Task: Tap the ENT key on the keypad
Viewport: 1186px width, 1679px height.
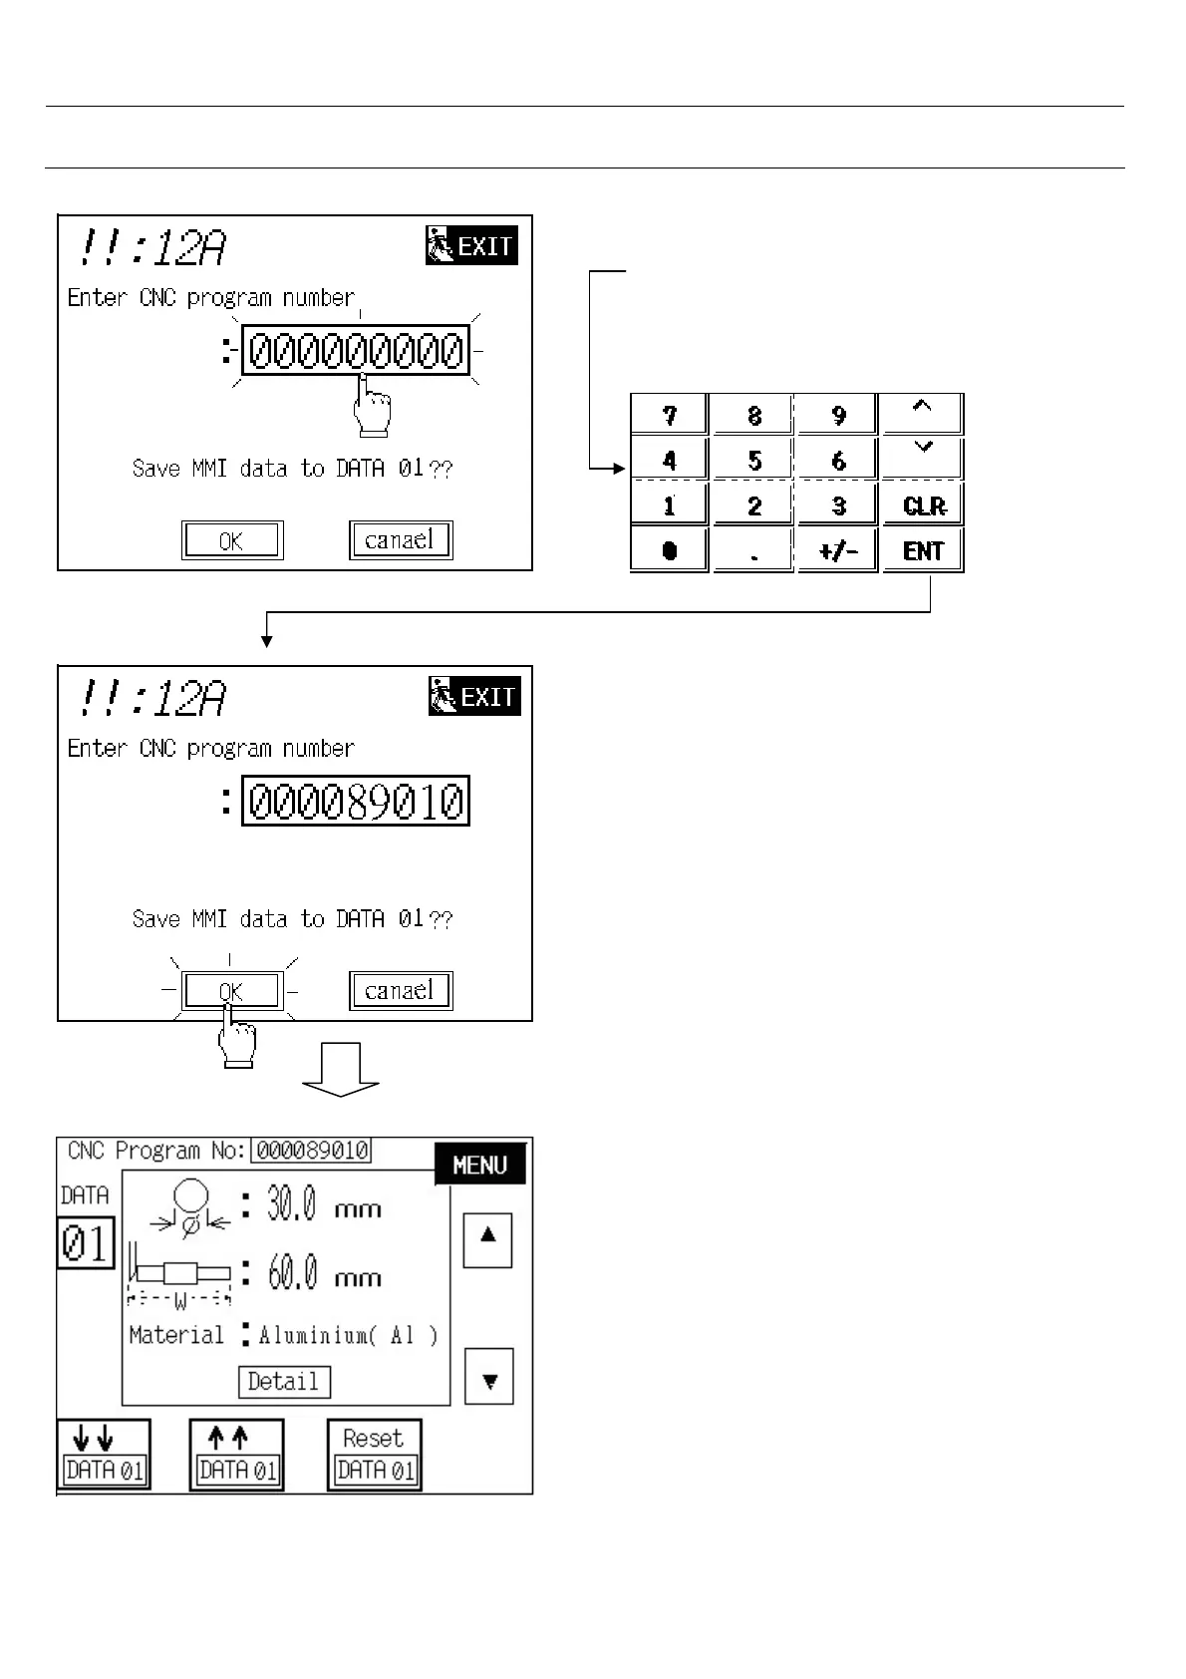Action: tap(923, 550)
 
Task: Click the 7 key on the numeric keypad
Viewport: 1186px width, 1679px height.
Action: tap(669, 415)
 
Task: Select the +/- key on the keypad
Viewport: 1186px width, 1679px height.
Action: tap(837, 550)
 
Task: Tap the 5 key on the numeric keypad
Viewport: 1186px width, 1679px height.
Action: tap(753, 460)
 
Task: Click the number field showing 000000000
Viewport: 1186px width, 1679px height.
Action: tap(356, 351)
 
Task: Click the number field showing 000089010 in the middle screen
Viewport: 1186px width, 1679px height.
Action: tap(356, 802)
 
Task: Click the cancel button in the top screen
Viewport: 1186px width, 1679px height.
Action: tap(401, 540)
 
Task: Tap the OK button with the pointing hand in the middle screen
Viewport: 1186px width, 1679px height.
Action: tap(231, 991)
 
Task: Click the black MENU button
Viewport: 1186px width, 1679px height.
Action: tap(479, 1165)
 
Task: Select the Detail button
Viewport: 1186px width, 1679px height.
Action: tap(284, 1382)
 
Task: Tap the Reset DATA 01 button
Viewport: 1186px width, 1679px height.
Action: tap(375, 1455)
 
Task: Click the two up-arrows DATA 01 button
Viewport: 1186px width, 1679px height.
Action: tap(237, 1455)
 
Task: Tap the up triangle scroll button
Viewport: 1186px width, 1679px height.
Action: tap(487, 1239)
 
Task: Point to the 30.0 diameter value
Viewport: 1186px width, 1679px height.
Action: tap(291, 1206)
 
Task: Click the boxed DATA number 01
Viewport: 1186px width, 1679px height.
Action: tap(86, 1243)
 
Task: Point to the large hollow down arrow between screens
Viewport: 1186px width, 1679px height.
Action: tap(341, 1069)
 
